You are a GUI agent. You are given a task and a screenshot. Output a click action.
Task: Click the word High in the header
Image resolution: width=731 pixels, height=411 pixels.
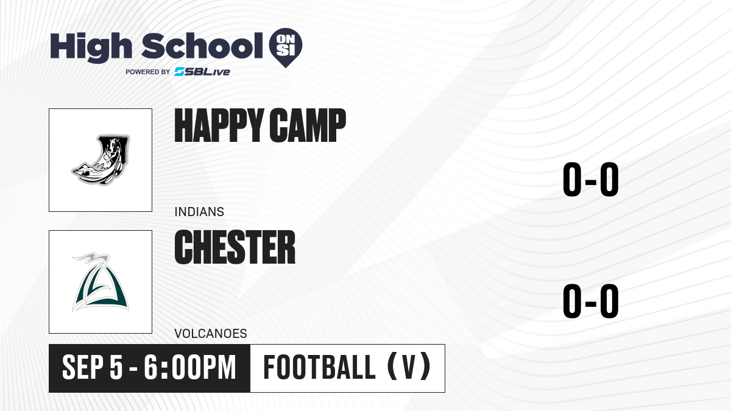tap(91, 47)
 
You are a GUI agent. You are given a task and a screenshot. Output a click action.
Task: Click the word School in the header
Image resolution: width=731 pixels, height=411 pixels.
tap(202, 46)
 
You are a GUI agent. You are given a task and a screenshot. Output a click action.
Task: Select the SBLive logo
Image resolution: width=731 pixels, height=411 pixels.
tap(202, 72)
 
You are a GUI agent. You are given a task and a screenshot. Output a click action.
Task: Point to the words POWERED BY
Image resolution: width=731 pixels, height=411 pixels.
tap(148, 72)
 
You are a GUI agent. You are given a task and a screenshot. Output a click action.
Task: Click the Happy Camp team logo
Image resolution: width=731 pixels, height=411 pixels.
tap(101, 160)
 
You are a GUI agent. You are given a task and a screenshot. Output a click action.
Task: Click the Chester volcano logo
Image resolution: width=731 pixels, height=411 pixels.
tap(101, 282)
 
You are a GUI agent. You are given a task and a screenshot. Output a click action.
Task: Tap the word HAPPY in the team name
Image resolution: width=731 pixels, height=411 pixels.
tap(219, 125)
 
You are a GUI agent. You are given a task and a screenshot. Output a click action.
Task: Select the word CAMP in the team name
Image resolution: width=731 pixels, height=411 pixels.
tap(308, 125)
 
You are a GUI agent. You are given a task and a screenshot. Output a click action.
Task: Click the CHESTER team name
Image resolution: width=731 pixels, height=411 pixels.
tap(235, 247)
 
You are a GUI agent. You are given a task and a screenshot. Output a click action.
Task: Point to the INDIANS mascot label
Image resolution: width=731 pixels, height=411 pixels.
tap(199, 212)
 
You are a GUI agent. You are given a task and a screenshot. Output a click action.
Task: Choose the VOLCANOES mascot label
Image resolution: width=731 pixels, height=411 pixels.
tap(211, 334)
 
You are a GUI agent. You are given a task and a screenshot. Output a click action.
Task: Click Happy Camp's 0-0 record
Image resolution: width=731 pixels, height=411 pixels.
tap(591, 179)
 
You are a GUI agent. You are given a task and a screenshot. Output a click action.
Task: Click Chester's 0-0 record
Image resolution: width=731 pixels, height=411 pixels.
tap(591, 301)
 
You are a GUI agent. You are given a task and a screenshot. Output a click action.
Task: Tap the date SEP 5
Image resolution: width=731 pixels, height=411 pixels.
tap(93, 368)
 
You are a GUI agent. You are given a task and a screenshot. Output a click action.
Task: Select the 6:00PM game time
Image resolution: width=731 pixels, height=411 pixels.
tap(190, 368)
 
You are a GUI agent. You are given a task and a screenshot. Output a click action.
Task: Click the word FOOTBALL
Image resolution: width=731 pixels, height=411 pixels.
tap(319, 368)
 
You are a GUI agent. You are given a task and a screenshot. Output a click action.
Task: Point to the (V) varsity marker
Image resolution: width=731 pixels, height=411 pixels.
tap(409, 368)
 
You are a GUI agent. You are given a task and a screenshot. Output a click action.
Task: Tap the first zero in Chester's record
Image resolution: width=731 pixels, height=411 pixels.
tap(572, 301)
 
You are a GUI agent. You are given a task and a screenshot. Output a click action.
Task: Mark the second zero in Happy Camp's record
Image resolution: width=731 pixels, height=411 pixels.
tap(609, 179)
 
